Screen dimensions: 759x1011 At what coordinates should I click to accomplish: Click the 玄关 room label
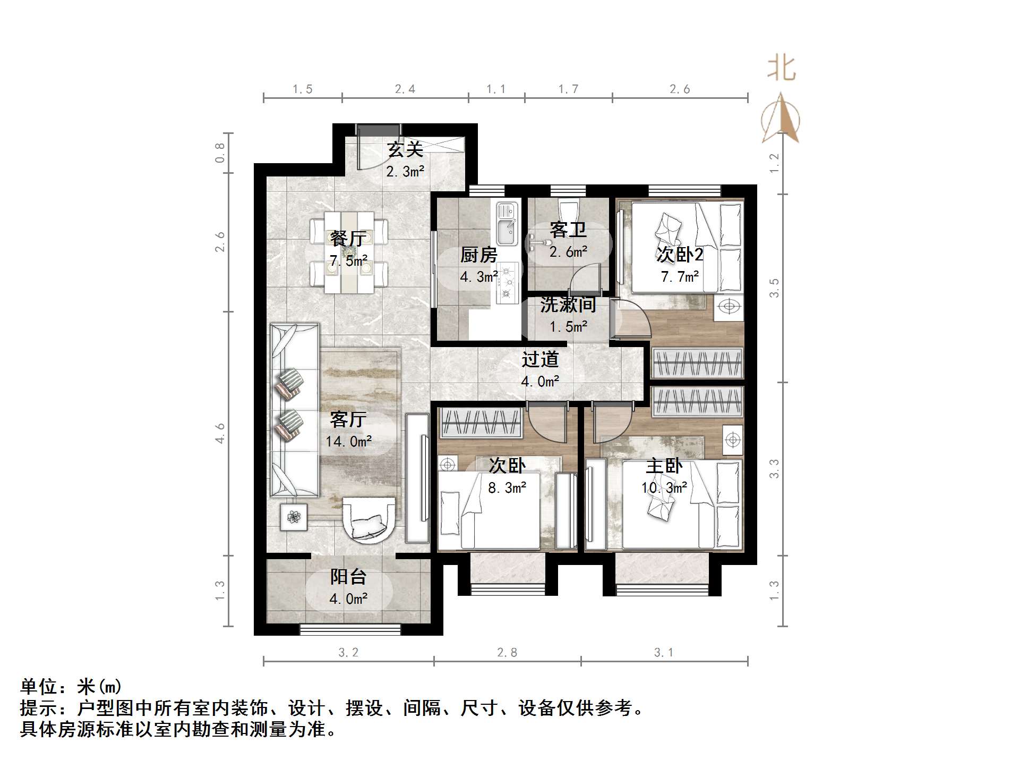tap(405, 149)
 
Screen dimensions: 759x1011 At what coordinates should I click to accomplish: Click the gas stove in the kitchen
tap(508, 282)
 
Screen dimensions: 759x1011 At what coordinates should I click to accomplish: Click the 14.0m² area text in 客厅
tap(348, 441)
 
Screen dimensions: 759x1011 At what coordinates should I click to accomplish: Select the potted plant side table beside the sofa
tap(294, 516)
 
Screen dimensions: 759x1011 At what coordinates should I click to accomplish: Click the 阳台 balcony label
tap(348, 577)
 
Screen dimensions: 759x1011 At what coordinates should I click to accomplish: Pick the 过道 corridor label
tap(540, 360)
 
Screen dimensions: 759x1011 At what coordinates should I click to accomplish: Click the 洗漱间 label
tap(568, 305)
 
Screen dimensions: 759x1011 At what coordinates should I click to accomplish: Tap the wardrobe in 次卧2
tap(697, 363)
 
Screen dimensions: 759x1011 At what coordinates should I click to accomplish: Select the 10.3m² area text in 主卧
tap(664, 487)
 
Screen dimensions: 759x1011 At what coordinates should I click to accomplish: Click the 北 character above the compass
tap(781, 69)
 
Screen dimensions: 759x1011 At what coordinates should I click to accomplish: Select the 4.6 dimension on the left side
tap(220, 433)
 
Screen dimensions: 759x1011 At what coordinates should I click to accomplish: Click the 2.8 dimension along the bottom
tap(507, 652)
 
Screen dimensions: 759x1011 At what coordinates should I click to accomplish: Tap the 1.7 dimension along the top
tap(568, 89)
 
